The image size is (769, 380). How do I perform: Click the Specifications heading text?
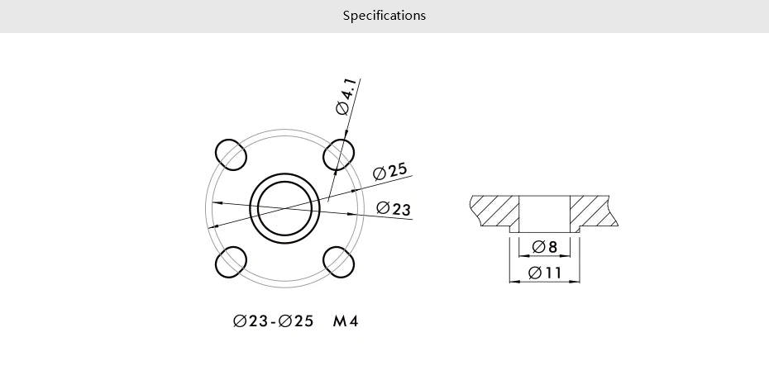(x=384, y=16)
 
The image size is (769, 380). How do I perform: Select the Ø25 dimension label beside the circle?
(x=390, y=171)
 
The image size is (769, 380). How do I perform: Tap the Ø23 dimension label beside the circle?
(x=394, y=209)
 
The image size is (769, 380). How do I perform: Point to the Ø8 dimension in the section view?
(x=545, y=247)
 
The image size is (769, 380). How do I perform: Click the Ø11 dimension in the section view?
(x=545, y=273)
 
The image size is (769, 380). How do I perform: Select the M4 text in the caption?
(x=346, y=321)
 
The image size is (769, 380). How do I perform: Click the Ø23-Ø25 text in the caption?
(x=274, y=321)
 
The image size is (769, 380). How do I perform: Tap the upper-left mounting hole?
(x=231, y=154)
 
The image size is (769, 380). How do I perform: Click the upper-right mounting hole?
(x=339, y=154)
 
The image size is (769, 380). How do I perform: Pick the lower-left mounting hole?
(x=231, y=262)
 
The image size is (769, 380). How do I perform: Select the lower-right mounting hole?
(x=339, y=262)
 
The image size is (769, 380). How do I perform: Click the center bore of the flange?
(x=284, y=208)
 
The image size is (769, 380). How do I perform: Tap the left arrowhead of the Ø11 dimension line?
(x=513, y=282)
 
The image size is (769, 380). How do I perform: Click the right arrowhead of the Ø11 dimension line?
(x=576, y=282)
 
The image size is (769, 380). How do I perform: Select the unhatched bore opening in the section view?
(x=544, y=213)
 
